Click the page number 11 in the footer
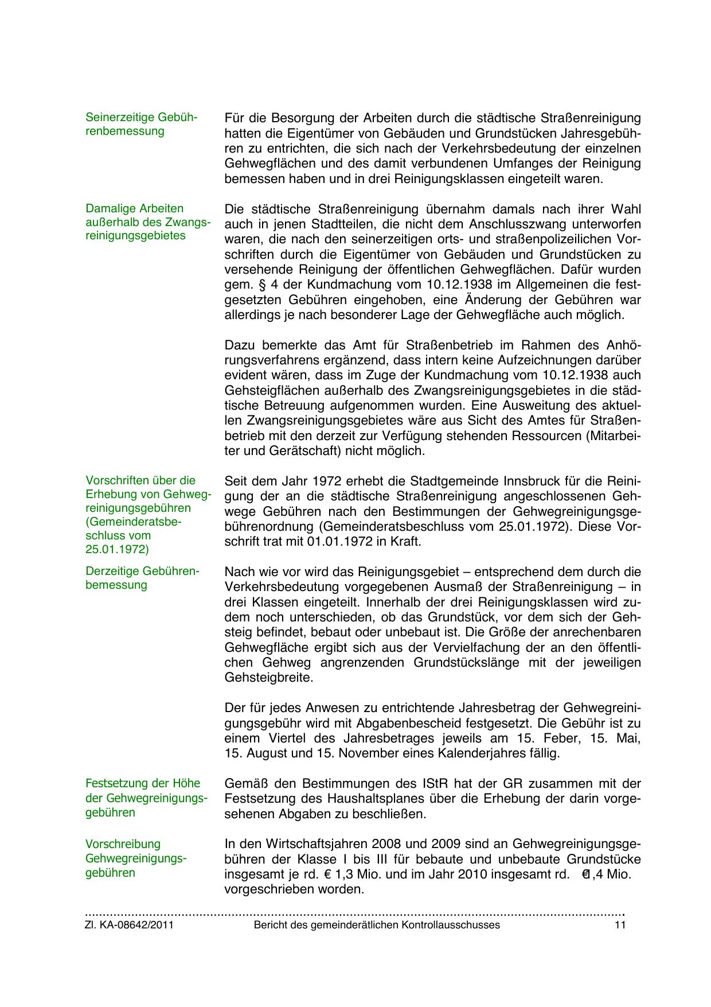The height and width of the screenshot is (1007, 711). coord(619,925)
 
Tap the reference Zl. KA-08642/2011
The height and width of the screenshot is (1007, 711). coord(129,925)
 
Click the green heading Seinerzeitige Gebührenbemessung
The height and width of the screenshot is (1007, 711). coord(141,124)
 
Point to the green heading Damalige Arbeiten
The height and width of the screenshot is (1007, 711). coord(134,208)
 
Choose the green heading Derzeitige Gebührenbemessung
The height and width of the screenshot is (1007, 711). coord(142,578)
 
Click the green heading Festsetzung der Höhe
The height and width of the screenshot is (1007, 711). coord(143,783)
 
